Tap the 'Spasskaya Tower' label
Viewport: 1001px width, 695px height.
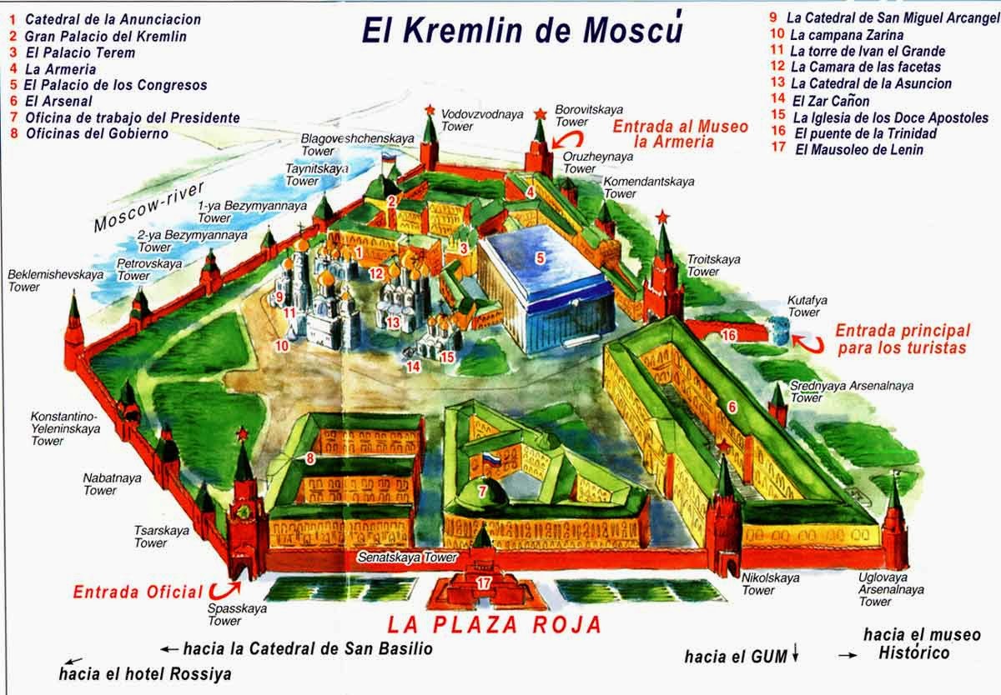point(224,614)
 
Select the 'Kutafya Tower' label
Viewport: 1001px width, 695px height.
point(804,306)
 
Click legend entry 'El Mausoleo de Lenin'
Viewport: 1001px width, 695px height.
point(858,150)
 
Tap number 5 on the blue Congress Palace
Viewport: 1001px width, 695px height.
point(540,258)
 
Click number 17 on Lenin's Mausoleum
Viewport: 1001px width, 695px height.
point(483,582)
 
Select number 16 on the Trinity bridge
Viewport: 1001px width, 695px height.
point(729,334)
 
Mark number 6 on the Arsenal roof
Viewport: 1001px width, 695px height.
point(732,407)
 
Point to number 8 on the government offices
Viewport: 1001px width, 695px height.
point(309,457)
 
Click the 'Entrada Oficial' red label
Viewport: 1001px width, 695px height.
point(138,592)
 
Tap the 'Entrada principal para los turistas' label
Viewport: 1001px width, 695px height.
point(902,338)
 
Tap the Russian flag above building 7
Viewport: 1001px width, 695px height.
point(490,458)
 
